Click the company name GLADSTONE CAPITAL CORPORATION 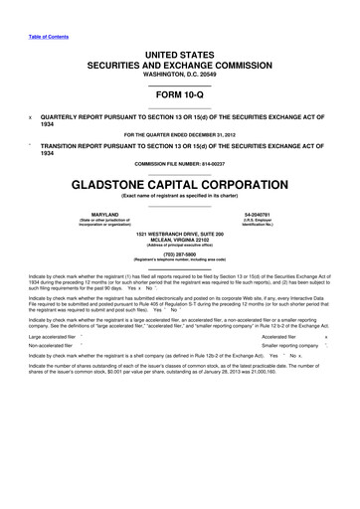[180, 184]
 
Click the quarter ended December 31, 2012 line [180, 132]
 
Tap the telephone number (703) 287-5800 [180, 253]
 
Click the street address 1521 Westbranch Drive [180, 232]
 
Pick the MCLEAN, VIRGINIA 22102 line [180, 239]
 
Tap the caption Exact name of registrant [180, 200]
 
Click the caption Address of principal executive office [180, 245]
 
